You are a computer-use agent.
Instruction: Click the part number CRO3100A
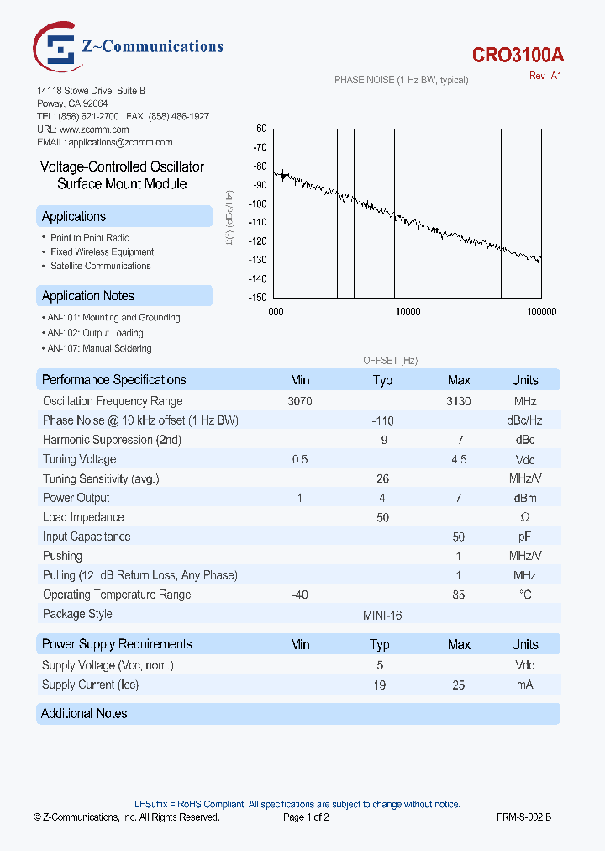point(518,55)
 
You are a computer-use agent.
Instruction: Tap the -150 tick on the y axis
point(258,298)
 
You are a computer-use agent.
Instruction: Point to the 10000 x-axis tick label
point(408,311)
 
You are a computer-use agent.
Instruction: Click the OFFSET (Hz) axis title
point(390,360)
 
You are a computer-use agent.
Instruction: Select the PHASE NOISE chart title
point(401,80)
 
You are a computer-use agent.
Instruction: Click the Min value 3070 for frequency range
point(300,402)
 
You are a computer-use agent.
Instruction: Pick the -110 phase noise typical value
point(382,420)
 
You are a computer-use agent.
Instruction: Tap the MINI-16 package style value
point(381,615)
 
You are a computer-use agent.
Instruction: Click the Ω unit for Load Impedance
point(524,517)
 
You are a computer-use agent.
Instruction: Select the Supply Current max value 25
point(459,685)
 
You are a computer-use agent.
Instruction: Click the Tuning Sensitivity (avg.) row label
point(101,478)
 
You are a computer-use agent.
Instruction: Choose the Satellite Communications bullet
point(100,266)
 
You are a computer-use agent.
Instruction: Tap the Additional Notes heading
point(84,714)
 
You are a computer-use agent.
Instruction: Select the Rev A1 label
point(545,76)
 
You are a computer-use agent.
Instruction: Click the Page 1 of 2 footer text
point(306,817)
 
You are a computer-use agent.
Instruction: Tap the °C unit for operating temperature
point(524,595)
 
